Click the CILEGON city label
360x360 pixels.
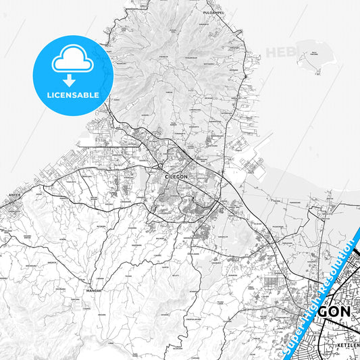click(176, 176)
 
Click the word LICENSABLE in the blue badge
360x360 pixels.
click(73, 95)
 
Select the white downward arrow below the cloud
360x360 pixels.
click(73, 76)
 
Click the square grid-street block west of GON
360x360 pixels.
click(274, 284)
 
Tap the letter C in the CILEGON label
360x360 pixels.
click(166, 176)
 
